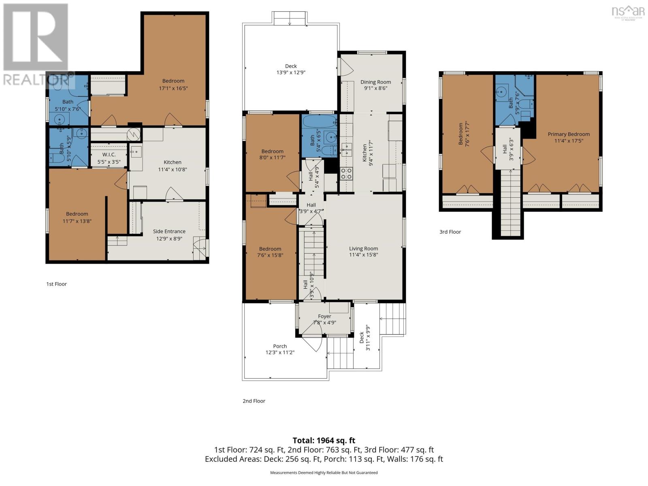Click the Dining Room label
375,82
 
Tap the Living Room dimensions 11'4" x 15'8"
363,255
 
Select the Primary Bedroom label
569,134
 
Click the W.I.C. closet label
109,155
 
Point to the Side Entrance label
169,231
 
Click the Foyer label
324,316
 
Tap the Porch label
280,346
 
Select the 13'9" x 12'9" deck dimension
291,72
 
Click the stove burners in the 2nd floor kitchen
346,173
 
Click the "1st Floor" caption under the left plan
56,284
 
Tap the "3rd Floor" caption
450,232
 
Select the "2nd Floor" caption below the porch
254,401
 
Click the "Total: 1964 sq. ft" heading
324,441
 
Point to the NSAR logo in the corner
628,12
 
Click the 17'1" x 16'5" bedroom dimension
173,88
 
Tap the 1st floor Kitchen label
173,162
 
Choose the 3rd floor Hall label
505,149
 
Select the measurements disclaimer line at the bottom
324,473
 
